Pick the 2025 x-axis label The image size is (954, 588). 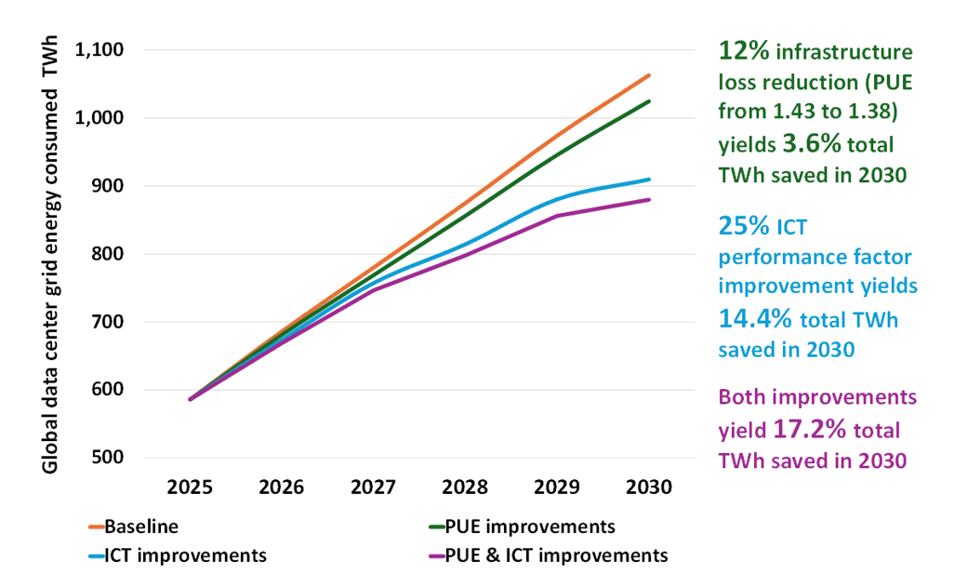[x=191, y=488]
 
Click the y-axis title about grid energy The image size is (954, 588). [x=51, y=255]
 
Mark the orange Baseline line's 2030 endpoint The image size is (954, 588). [x=649, y=74]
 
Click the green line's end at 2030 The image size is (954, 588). [x=649, y=100]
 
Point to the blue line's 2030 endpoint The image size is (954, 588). [x=649, y=180]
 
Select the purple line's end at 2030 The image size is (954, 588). [x=649, y=199]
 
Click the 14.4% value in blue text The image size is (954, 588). [x=756, y=318]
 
